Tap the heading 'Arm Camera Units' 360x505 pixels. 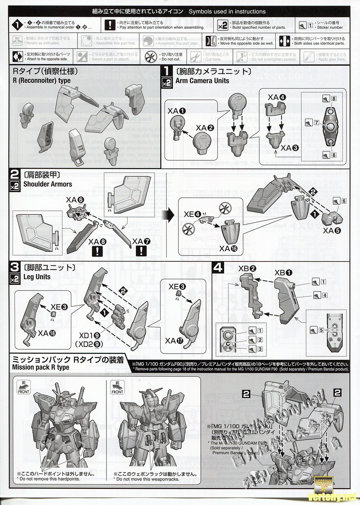coord(202,81)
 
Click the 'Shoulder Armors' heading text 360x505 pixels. coord(48,184)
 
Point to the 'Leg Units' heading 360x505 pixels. coord(37,277)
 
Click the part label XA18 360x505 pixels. coord(48,333)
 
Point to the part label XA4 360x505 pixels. coord(277,97)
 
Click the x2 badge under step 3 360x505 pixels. coord(15,279)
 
